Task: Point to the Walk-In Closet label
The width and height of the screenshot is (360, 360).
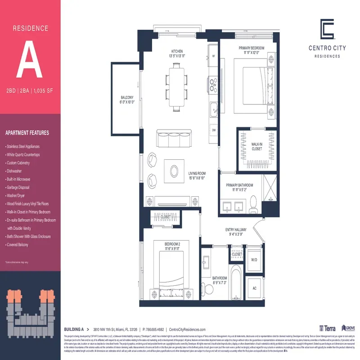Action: pyautogui.click(x=257, y=146)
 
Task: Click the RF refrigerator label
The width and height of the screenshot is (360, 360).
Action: pyautogui.click(x=214, y=57)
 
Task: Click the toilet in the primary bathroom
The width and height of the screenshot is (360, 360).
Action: pyautogui.click(x=253, y=204)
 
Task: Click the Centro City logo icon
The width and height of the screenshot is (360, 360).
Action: pyautogui.click(x=327, y=29)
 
